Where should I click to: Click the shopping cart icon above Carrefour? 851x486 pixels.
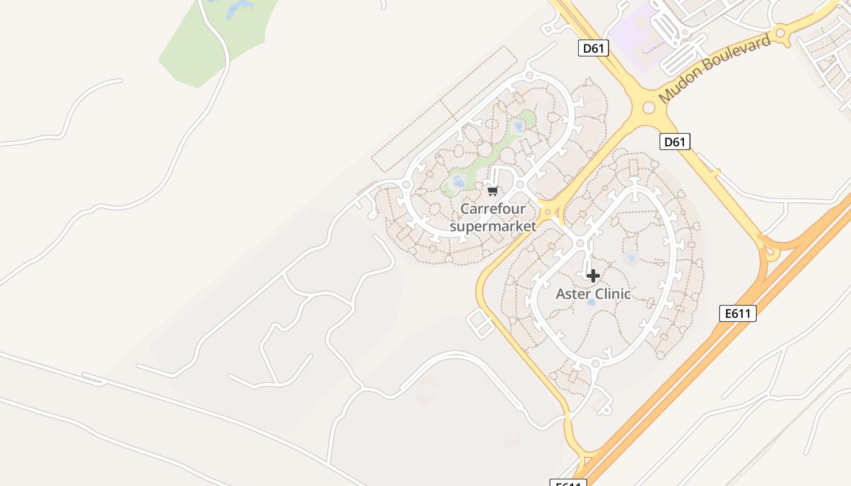[x=492, y=191]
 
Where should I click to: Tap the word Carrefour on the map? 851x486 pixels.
[x=492, y=209]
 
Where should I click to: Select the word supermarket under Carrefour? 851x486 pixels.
[x=492, y=227]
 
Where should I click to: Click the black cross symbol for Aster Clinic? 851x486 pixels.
[x=593, y=276]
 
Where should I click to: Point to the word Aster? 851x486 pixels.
[x=573, y=295]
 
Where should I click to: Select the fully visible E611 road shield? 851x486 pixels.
[x=738, y=313]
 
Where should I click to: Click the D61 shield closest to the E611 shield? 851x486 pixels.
[x=675, y=142]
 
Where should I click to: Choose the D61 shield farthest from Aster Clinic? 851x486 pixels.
[x=593, y=48]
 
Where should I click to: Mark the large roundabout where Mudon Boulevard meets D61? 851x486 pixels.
[x=649, y=108]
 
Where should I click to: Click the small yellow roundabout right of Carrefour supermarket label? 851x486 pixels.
[x=548, y=212]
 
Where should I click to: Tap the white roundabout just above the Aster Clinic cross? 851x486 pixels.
[x=580, y=244]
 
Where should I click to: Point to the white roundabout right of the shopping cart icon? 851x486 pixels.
[x=520, y=184]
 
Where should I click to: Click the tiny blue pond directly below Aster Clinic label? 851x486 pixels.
[x=591, y=303]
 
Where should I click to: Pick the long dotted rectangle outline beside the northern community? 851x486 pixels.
[x=444, y=109]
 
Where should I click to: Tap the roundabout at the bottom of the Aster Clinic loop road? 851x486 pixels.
[x=595, y=363]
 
